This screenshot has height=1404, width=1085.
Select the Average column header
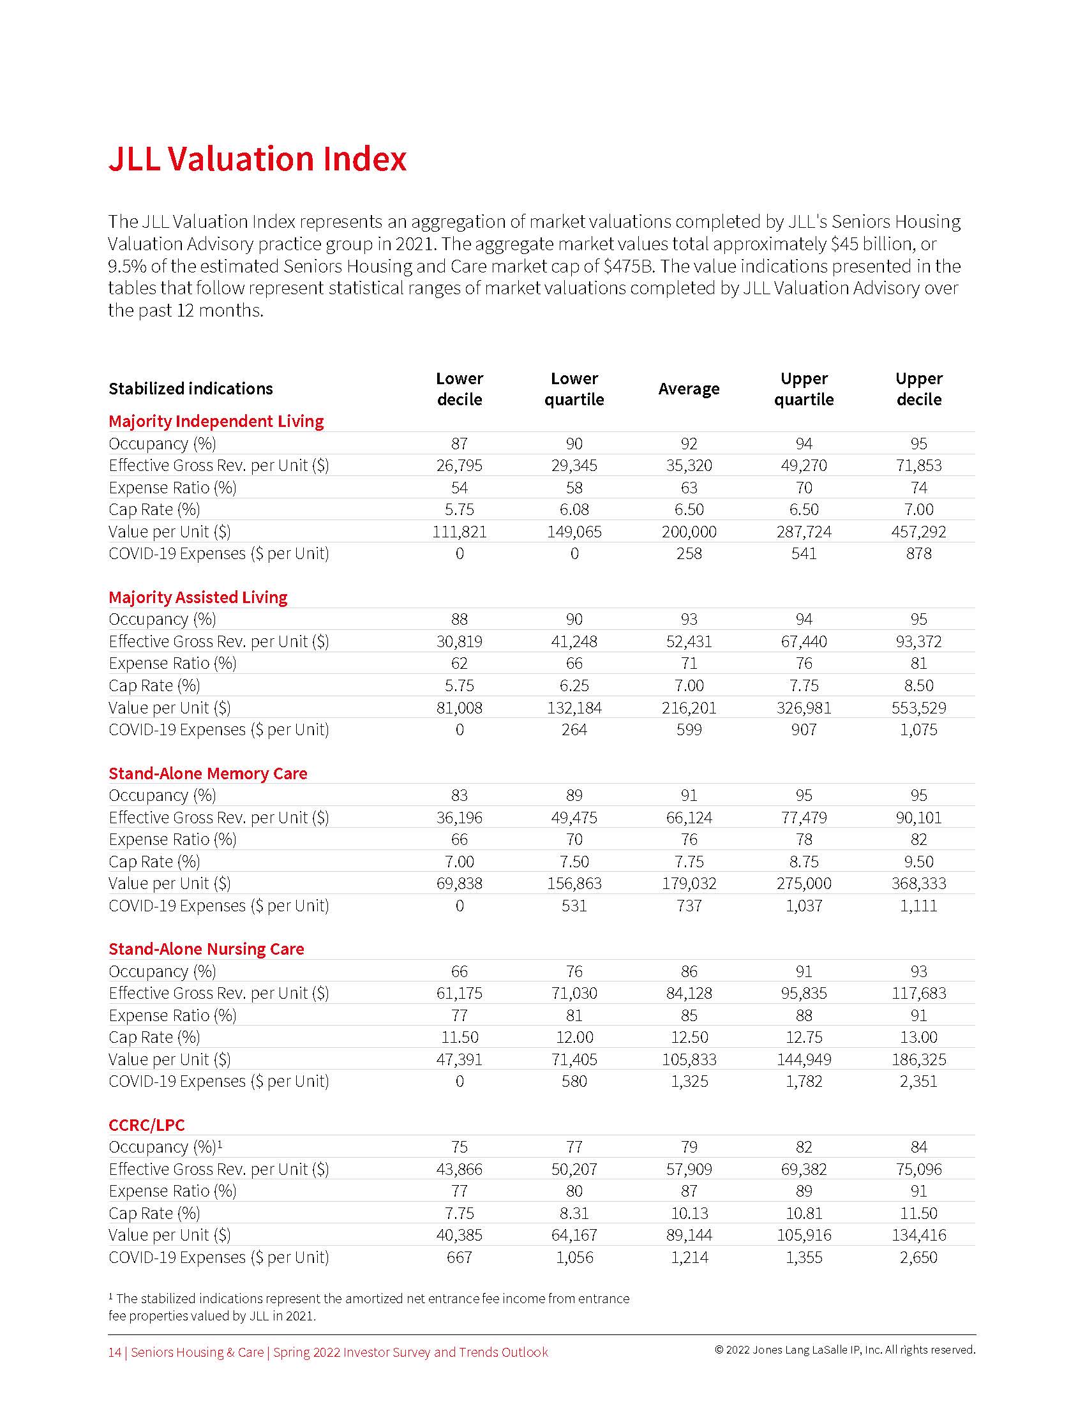[x=689, y=389]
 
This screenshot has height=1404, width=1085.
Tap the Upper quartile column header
[x=804, y=389]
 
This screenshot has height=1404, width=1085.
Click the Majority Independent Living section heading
[x=216, y=421]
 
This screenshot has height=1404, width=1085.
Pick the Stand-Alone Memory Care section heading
[x=207, y=773]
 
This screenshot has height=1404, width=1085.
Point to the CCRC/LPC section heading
[x=147, y=1125]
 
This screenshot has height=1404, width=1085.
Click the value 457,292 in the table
[x=918, y=532]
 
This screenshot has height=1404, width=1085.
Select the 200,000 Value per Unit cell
[x=689, y=532]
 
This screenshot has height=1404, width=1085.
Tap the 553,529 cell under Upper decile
[x=918, y=708]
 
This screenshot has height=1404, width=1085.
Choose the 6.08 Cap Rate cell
[x=574, y=510]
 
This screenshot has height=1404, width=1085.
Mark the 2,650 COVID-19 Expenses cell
[x=918, y=1257]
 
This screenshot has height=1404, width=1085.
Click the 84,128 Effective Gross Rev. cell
[x=689, y=993]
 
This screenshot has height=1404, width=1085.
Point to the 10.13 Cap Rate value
[x=689, y=1213]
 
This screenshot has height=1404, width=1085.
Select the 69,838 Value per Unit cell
[x=459, y=883]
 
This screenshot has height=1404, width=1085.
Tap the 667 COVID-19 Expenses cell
[x=459, y=1257]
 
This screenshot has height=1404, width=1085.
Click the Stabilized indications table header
[x=191, y=389]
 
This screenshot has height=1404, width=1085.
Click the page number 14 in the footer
[x=114, y=1352]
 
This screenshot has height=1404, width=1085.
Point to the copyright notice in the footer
[x=844, y=1350]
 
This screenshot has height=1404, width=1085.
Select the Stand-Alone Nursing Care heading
[x=206, y=949]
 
